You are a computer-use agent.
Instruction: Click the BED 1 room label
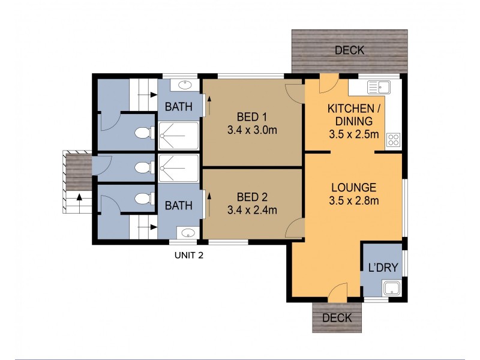click(x=252, y=116)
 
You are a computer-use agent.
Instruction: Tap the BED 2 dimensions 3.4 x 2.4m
click(x=252, y=210)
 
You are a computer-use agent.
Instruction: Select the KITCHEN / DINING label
click(x=354, y=115)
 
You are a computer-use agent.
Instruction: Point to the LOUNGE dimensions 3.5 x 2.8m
click(x=354, y=201)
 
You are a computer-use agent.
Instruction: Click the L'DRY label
click(x=383, y=268)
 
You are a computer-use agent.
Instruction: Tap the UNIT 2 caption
click(x=189, y=256)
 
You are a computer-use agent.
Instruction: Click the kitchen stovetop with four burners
click(x=394, y=140)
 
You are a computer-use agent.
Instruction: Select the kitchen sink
click(x=379, y=87)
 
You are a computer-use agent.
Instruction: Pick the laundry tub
click(x=392, y=289)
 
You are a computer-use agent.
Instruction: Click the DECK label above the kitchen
click(x=350, y=50)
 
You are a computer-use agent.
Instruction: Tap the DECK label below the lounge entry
click(x=337, y=318)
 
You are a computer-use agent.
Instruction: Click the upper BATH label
click(x=178, y=107)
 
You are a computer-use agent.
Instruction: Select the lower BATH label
click(x=178, y=205)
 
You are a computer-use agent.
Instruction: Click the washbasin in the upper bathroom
click(x=185, y=85)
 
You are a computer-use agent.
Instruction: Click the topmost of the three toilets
click(x=145, y=133)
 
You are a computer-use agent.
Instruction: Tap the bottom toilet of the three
click(x=145, y=199)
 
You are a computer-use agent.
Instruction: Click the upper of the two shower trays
click(x=178, y=136)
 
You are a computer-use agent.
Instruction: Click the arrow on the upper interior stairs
click(x=148, y=95)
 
